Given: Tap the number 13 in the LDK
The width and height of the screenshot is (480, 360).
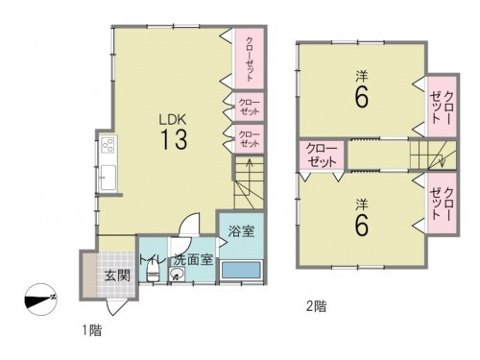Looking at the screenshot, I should pyautogui.click(x=173, y=139).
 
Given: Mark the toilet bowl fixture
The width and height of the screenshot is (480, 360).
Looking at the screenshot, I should pyautogui.click(x=151, y=274).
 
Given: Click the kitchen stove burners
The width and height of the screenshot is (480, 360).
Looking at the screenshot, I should pyautogui.click(x=108, y=147).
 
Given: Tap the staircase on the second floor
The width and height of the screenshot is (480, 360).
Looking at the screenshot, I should pyautogui.click(x=431, y=154).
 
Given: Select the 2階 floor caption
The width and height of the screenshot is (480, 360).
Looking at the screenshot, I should pyautogui.click(x=316, y=307).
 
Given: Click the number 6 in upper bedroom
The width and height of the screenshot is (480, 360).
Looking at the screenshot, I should pyautogui.click(x=362, y=97).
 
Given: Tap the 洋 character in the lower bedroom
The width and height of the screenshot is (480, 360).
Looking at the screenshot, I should pyautogui.click(x=362, y=204).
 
